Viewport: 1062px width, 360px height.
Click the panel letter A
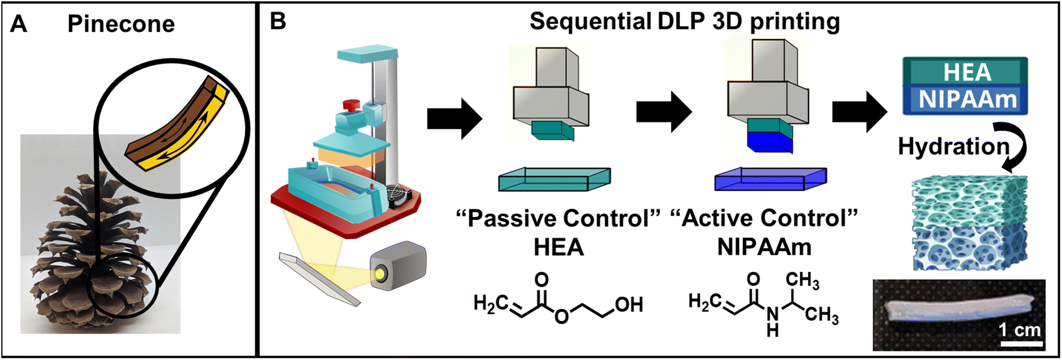coord(19,24)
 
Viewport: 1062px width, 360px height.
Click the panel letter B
coord(278,22)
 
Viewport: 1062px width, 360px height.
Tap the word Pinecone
coord(121,24)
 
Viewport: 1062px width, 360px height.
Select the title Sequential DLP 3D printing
coord(684,22)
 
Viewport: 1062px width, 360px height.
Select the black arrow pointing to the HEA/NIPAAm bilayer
coord(859,112)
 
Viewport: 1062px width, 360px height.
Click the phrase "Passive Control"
coord(558,218)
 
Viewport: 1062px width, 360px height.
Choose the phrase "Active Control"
coord(764,218)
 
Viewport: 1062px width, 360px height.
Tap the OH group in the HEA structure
coord(628,305)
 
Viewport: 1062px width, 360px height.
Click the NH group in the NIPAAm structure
coord(772,322)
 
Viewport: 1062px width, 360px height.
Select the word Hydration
coord(953,147)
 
